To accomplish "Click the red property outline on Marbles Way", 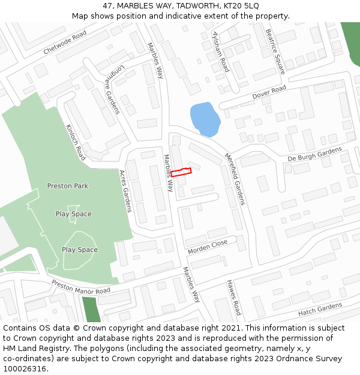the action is tap(181, 172).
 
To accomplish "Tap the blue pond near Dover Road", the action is tap(204, 118).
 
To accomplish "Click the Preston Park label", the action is tap(68, 186).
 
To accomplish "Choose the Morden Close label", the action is tap(208, 246).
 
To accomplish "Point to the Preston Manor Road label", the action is tap(81, 287).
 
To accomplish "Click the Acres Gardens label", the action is tap(125, 191).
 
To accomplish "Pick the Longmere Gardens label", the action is tap(113, 89).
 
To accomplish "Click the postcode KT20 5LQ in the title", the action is tap(244, 5).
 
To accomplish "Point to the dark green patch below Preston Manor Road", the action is tap(91, 308).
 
